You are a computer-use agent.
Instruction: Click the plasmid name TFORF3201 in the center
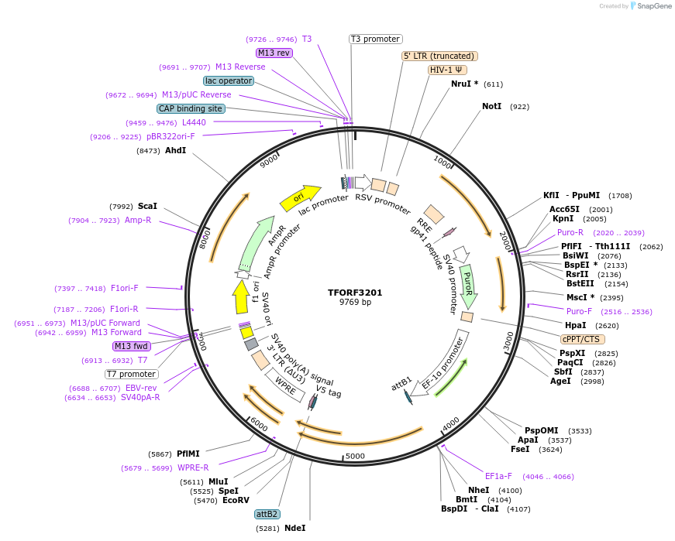pos(355,293)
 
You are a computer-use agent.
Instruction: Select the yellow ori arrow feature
pos(300,198)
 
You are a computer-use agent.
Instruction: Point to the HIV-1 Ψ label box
pos(447,70)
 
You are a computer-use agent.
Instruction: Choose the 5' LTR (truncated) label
pos(439,56)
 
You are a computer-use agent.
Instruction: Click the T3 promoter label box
pos(375,39)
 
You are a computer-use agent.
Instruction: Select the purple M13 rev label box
pos(274,53)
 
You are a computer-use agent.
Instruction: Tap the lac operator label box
pos(229,80)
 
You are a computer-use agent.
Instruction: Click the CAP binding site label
pos(191,108)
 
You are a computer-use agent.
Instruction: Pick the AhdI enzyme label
pos(175,150)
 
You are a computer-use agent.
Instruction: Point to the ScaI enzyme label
pos(147,207)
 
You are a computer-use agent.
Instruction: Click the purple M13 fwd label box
pos(132,346)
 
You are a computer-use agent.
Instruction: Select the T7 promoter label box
pos(131,374)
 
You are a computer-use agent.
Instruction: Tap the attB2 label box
pos(267,514)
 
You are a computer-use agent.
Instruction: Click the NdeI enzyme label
pos(295,528)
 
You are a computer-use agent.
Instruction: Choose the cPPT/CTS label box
pos(583,339)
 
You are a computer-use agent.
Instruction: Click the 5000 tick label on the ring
pos(354,456)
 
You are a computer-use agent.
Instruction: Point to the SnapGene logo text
pos(654,6)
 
